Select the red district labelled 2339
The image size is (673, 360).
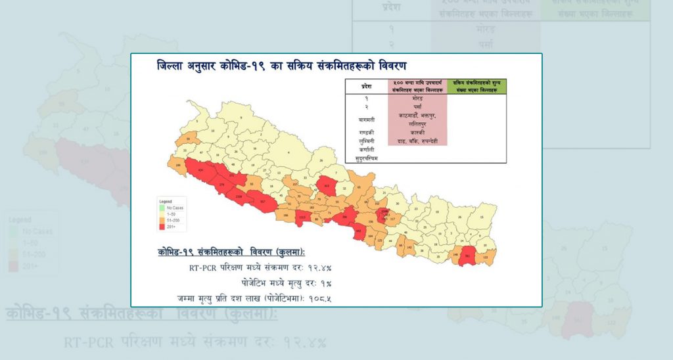pos(239,196)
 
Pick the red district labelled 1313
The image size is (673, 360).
pos(302,217)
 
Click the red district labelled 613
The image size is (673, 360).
pos(327,185)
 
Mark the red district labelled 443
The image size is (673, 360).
pos(358,230)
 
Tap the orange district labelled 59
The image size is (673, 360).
pos(189,140)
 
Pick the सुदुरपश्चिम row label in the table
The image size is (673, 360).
pos(367,158)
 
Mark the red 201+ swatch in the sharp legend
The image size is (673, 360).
pos(162,227)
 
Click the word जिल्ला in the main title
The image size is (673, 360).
pos(173,66)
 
